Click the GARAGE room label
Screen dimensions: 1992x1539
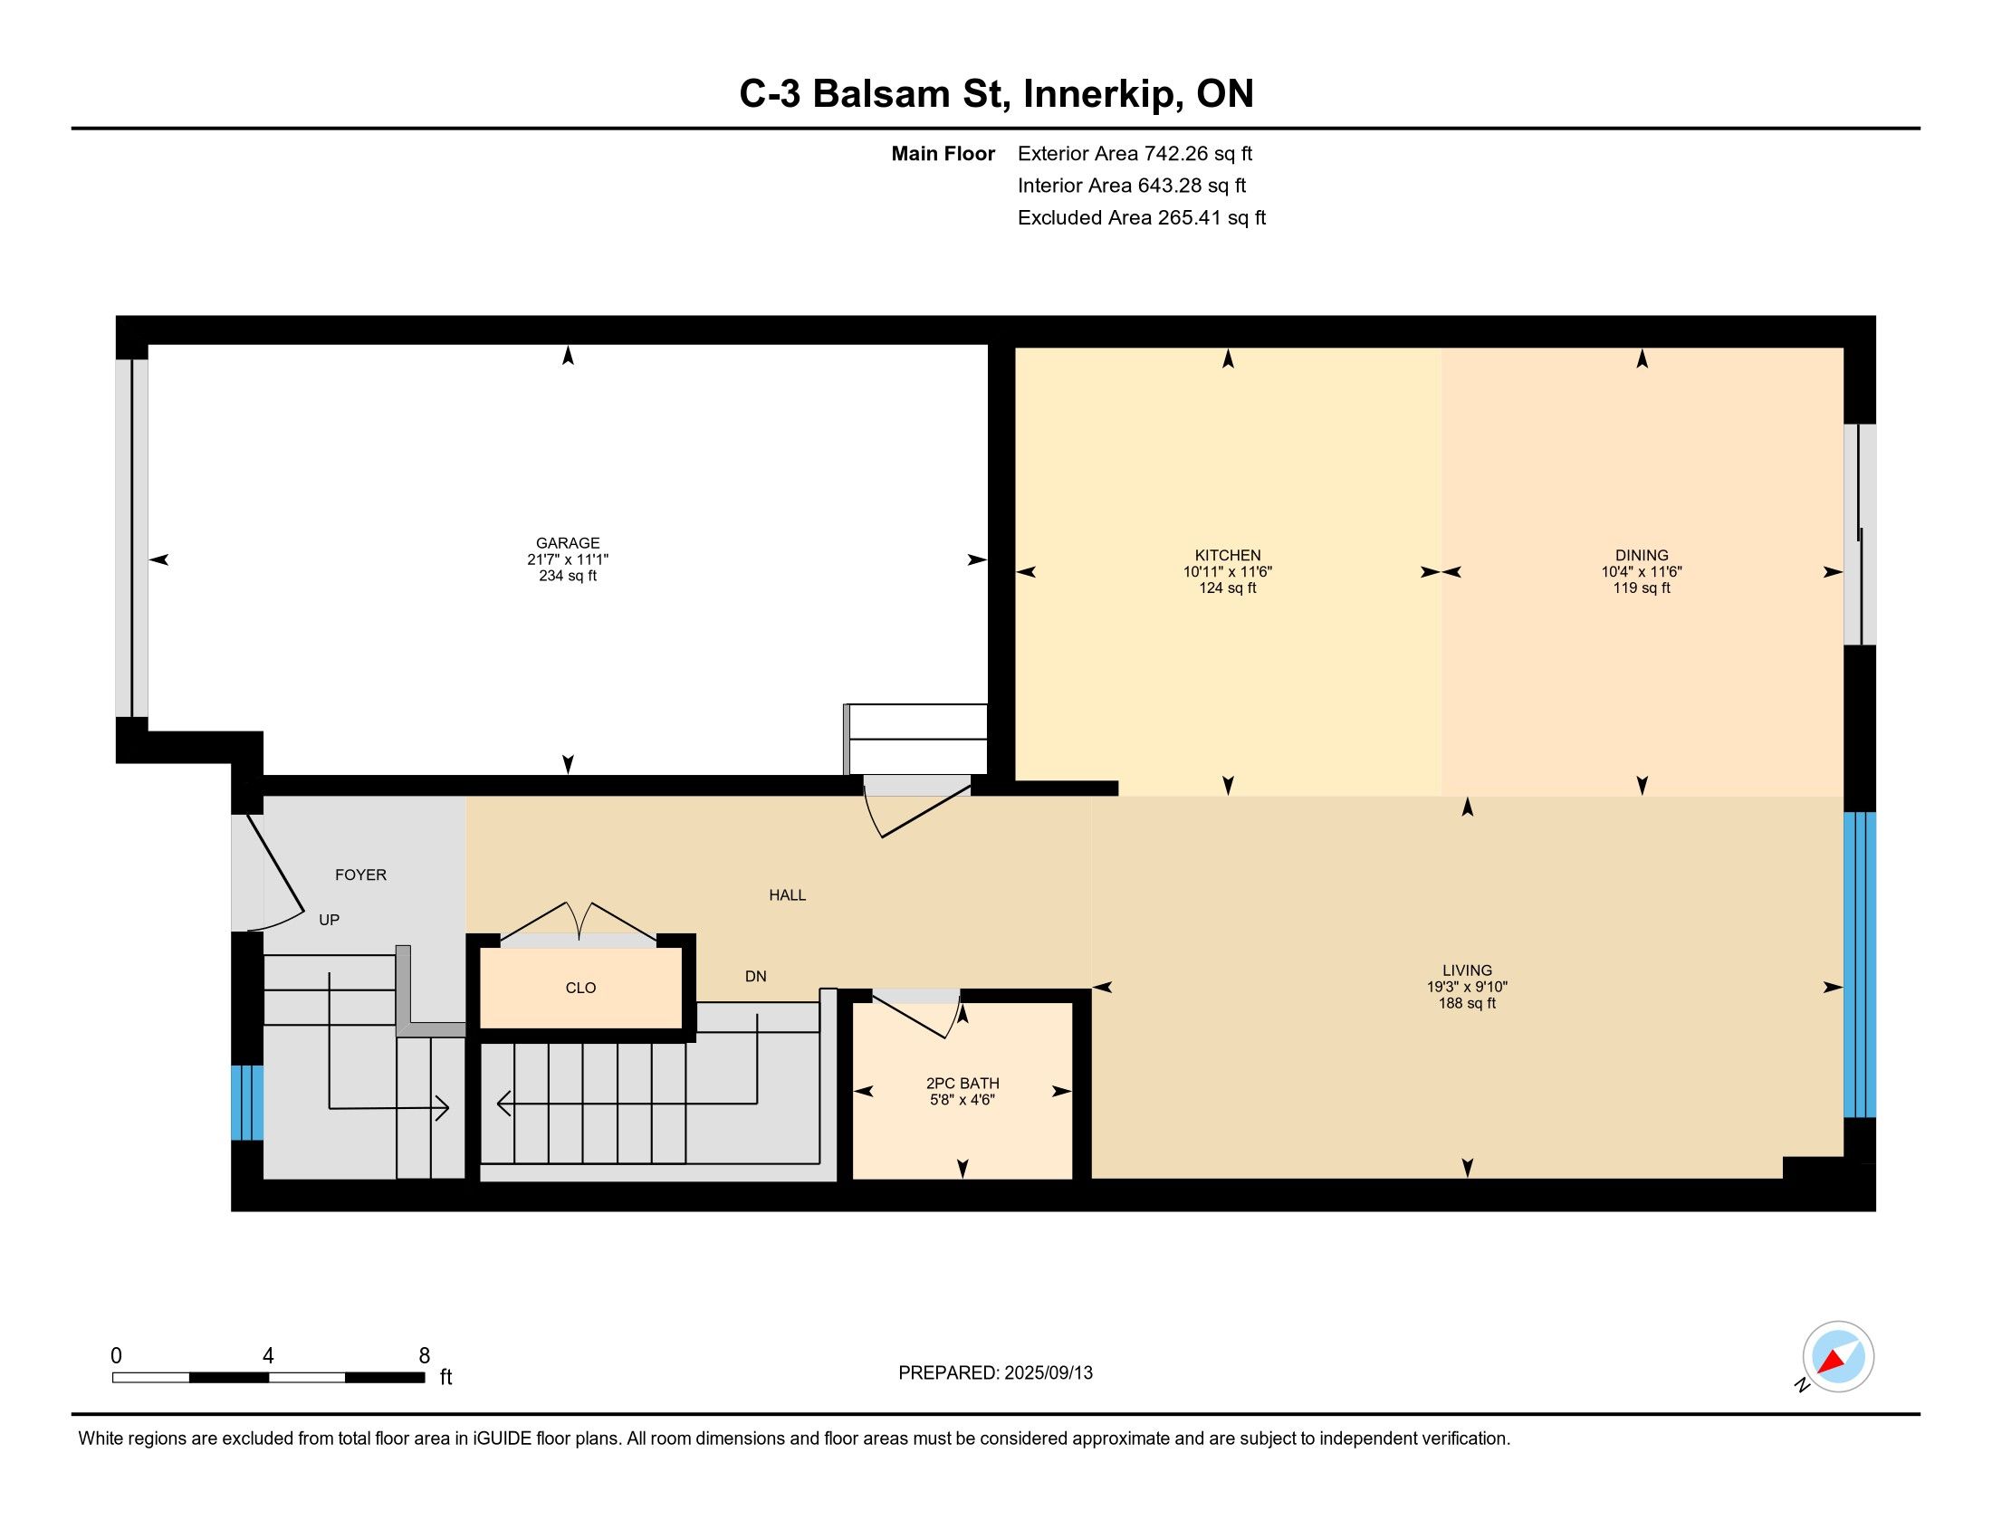tap(568, 542)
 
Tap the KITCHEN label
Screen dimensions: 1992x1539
tap(1228, 555)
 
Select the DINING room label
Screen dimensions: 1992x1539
tap(1642, 555)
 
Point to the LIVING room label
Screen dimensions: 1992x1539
tap(1467, 970)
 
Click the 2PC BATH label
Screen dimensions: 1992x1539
tap(962, 1083)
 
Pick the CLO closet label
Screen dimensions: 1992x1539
tap(580, 988)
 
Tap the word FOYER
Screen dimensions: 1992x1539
tap(360, 875)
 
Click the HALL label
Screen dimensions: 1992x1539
tap(787, 895)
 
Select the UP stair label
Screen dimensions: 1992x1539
tap(330, 920)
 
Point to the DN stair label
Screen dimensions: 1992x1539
tap(755, 977)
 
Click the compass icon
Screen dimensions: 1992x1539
tap(1837, 1357)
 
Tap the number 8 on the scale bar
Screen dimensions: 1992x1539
tap(424, 1356)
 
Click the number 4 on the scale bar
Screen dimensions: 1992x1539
tap(268, 1356)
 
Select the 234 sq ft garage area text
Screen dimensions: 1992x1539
tap(568, 576)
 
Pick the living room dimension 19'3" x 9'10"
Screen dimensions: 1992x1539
tap(1467, 987)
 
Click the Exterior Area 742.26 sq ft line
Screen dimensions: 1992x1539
tap(1135, 154)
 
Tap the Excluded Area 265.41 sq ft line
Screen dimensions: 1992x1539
tap(1142, 218)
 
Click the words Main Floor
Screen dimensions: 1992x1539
tap(943, 154)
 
